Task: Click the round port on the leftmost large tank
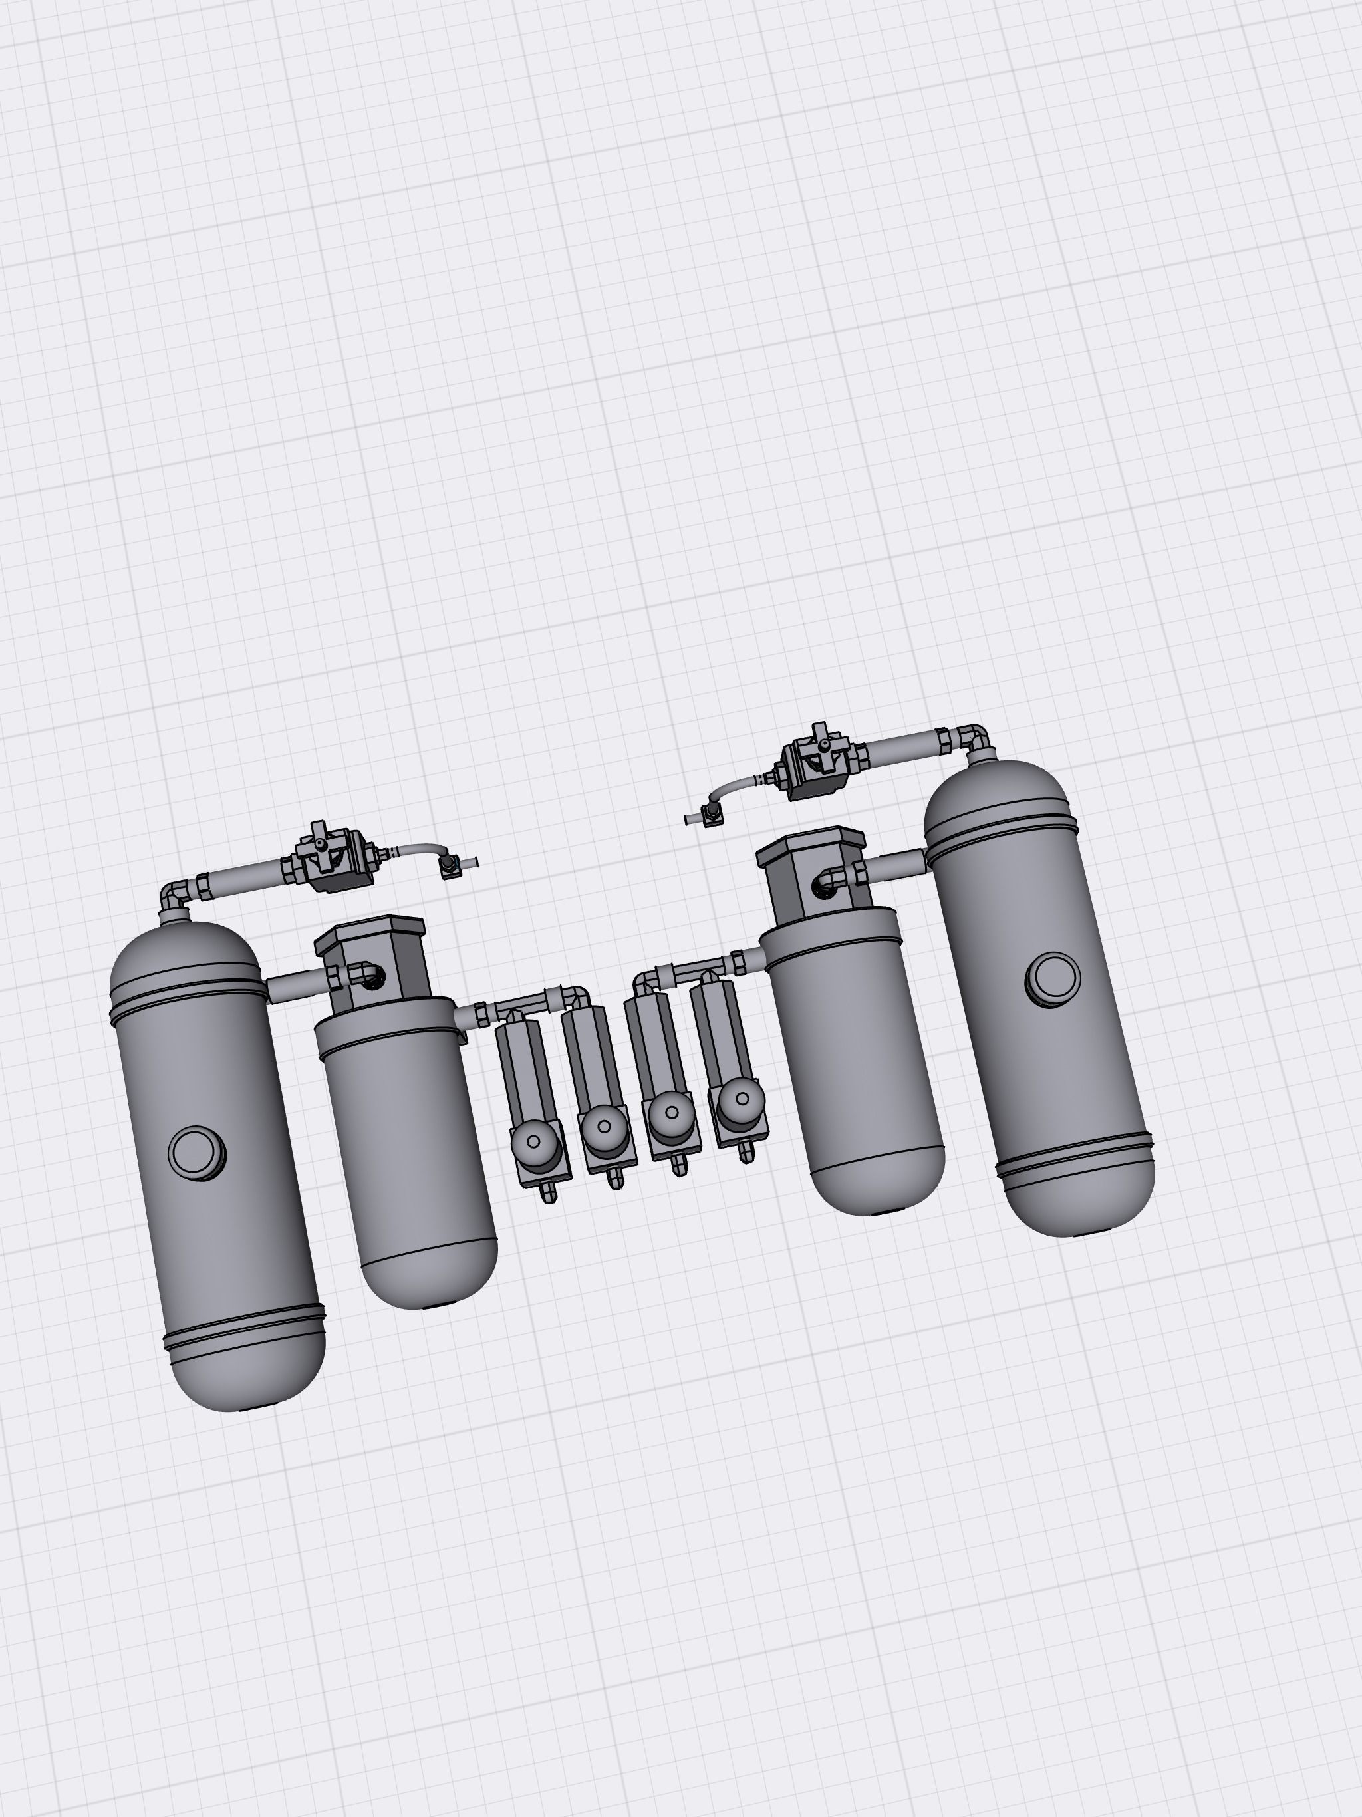point(197,1153)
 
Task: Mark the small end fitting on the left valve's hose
point(450,867)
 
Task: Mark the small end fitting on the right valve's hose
point(710,814)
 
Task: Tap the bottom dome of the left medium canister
point(429,1278)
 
